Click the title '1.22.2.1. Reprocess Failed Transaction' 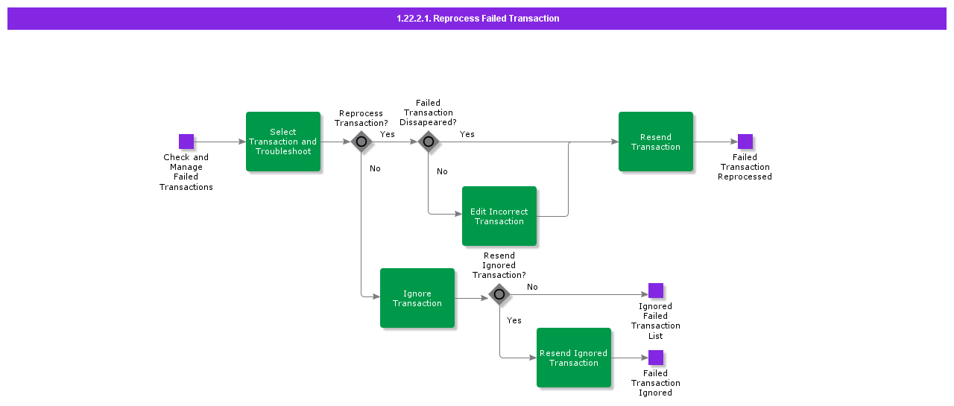[x=477, y=19]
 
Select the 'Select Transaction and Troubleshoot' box [x=283, y=142]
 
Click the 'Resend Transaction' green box [x=656, y=142]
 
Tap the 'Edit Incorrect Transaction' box [x=499, y=216]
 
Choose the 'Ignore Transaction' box [x=417, y=298]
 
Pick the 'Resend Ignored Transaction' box [x=574, y=358]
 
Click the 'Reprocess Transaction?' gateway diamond [x=361, y=142]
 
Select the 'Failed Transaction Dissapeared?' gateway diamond [x=429, y=142]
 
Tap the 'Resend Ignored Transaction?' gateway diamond [x=499, y=294]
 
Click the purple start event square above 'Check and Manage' [x=186, y=142]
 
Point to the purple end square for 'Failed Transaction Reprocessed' [x=745, y=142]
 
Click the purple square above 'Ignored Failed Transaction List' [x=656, y=291]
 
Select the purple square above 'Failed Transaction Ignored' [x=656, y=358]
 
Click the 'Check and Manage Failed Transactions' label [x=186, y=172]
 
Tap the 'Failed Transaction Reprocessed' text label [x=745, y=167]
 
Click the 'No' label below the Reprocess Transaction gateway [x=375, y=168]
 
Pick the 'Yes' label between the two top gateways [x=388, y=134]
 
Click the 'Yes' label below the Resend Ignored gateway [x=514, y=320]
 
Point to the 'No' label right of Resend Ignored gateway [x=532, y=287]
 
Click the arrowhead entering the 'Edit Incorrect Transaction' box [x=458, y=214]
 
